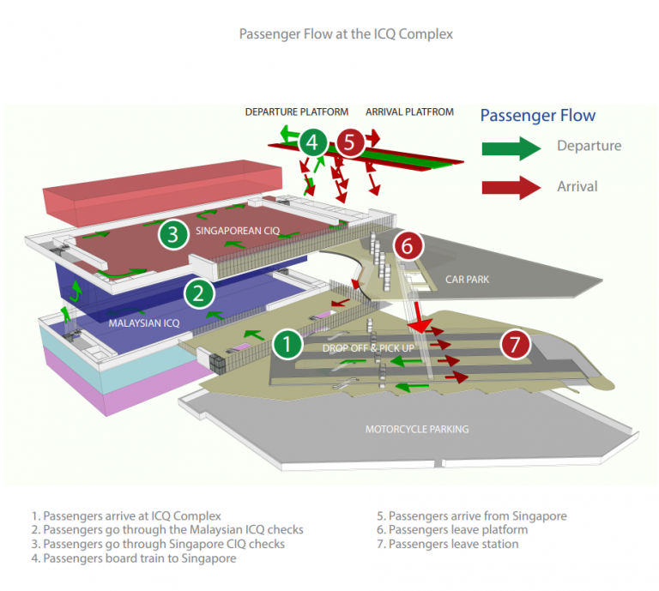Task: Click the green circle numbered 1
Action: pos(287,345)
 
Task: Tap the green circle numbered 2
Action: pos(199,294)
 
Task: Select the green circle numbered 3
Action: pos(172,233)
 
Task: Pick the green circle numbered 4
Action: pos(314,142)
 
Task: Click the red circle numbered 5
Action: pos(349,142)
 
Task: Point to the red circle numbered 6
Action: pos(408,246)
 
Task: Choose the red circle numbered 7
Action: pos(515,345)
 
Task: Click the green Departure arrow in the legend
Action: pos(511,147)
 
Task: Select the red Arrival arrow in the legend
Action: pos(511,186)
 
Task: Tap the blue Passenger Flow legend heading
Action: pos(537,116)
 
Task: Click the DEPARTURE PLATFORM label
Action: pos(297,112)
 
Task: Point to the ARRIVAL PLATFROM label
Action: pos(409,112)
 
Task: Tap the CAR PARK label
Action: pos(467,280)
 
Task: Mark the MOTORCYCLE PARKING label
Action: pos(417,429)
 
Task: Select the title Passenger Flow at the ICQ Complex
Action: pos(345,35)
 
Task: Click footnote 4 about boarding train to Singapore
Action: pos(133,558)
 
